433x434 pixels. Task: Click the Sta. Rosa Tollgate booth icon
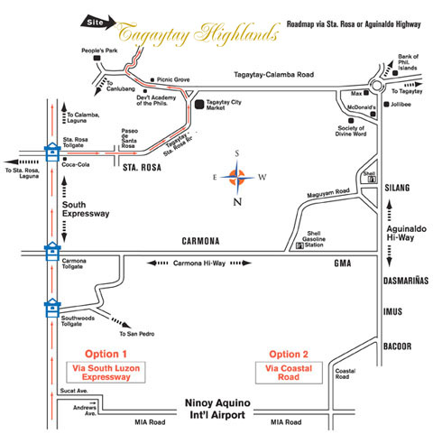[x=52, y=152]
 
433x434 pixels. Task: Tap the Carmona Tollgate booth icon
[x=52, y=251]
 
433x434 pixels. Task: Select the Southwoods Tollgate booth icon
[x=52, y=308]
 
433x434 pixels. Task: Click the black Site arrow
[x=98, y=22]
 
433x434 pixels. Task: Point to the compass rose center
[x=237, y=177]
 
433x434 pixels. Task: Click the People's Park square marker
[x=97, y=58]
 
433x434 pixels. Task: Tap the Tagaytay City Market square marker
[x=199, y=105]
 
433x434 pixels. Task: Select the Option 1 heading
[x=106, y=354]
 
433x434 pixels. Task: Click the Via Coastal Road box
[x=289, y=373]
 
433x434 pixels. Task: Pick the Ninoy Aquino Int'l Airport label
[x=217, y=409]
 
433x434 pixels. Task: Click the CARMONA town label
[x=200, y=241]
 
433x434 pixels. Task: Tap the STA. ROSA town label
[x=142, y=168]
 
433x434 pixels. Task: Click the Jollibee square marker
[x=386, y=105]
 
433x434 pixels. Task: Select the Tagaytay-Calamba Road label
[x=274, y=75]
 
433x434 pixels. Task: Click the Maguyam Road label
[x=328, y=193]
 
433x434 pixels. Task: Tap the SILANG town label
[x=397, y=188]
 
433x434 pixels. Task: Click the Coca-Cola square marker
[x=65, y=159]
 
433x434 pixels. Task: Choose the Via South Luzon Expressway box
[x=106, y=373]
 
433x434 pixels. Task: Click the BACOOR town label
[x=397, y=346]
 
